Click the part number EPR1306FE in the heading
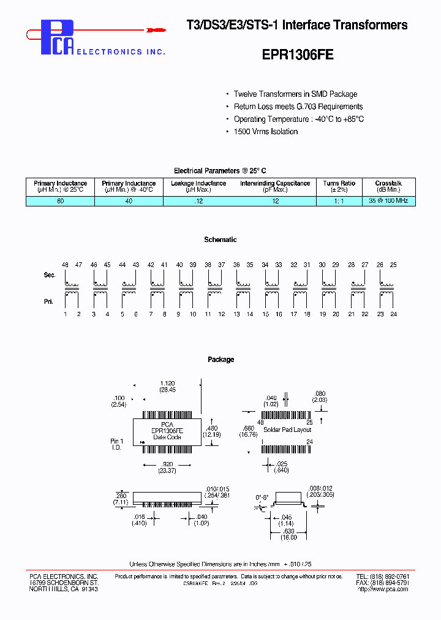[298, 54]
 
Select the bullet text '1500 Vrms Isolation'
[266, 132]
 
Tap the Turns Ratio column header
[339, 186]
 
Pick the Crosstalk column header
[388, 186]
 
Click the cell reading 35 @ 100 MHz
[388, 200]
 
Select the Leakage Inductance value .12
[198, 200]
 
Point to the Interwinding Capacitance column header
[275, 186]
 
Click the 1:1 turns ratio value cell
[339, 200]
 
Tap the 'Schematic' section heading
[221, 240]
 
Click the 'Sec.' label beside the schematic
[50, 275]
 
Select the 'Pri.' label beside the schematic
[50, 301]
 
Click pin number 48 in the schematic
[65, 264]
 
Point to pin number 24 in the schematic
[394, 314]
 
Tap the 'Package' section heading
[221, 360]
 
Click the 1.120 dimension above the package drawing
[167, 383]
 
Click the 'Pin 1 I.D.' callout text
[116, 444]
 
